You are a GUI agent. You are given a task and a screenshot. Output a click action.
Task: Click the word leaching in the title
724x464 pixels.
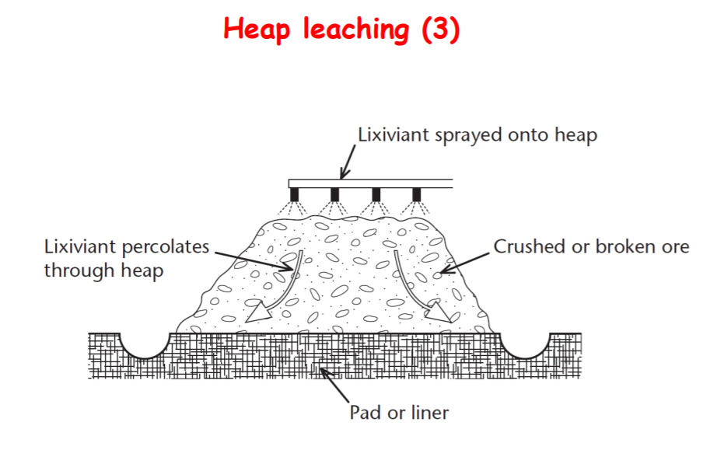(355, 30)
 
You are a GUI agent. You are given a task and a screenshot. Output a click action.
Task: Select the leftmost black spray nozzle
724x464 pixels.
(295, 194)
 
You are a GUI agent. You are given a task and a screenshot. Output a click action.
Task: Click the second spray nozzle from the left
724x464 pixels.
(335, 194)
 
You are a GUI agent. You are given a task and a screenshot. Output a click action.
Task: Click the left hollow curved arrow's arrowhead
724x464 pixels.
(255, 312)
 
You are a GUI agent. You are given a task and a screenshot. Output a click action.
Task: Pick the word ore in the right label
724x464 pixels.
(675, 247)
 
